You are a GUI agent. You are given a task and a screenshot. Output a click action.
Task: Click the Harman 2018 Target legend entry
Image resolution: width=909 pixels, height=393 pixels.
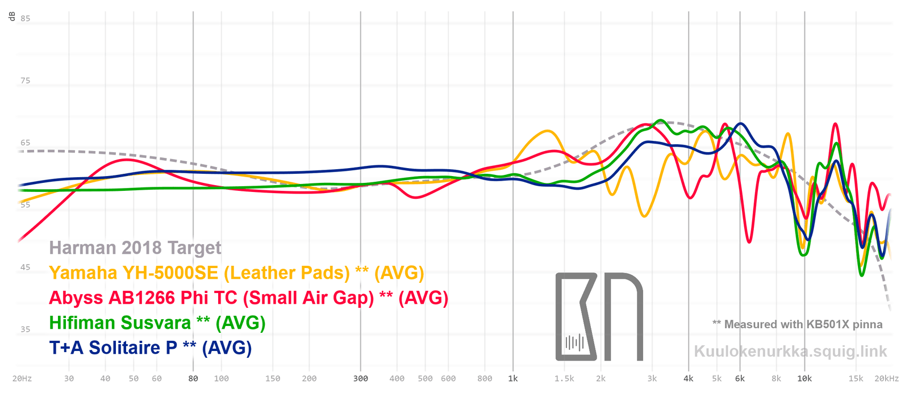135,248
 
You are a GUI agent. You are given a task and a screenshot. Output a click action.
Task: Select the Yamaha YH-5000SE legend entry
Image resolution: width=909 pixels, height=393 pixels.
236,273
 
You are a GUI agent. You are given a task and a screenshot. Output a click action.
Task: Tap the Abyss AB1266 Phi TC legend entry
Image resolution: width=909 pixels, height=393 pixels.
248,298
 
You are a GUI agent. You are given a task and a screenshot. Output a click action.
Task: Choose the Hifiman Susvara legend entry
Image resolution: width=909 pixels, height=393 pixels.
157,323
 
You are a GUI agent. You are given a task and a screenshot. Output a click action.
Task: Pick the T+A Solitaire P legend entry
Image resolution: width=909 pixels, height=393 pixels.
151,348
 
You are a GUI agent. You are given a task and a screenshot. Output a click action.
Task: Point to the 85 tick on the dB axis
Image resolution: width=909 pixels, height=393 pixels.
26,19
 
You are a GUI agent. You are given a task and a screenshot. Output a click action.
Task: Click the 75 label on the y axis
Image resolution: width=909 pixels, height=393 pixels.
26,81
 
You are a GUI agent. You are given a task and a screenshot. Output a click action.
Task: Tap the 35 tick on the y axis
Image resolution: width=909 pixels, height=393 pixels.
26,329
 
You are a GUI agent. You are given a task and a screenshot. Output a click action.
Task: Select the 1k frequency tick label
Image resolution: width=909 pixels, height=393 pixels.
513,379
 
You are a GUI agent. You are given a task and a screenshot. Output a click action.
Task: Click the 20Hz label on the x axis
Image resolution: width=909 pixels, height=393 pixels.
22,379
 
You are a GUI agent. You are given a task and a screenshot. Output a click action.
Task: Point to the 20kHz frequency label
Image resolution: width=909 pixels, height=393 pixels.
886,379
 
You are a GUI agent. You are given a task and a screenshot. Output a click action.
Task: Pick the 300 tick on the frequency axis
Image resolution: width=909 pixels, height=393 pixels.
360,379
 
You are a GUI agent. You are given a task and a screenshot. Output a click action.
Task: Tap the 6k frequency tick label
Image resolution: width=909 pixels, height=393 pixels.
740,379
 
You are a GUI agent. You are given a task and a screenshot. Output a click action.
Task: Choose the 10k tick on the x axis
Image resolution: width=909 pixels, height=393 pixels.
804,379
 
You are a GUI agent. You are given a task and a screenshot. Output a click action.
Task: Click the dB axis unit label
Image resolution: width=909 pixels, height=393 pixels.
12,16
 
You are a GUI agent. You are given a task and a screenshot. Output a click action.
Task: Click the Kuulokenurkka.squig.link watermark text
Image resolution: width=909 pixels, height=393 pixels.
790,352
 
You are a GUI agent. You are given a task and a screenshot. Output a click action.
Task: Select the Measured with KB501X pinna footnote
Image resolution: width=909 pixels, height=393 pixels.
798,324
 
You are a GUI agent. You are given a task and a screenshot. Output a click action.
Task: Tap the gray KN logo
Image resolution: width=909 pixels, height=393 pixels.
599,317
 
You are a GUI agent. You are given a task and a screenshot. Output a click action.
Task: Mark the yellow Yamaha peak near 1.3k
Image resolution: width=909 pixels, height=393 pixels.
547,131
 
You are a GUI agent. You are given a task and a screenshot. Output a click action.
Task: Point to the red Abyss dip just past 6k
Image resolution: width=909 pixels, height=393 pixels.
750,242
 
